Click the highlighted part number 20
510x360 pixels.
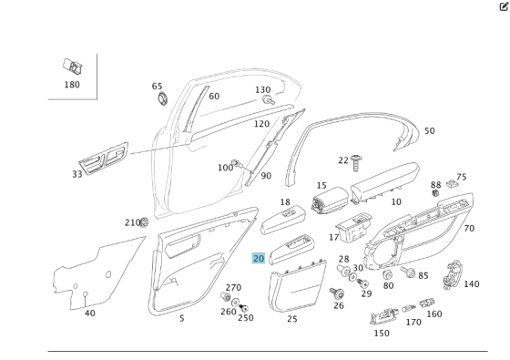pos(259,259)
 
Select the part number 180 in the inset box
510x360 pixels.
pos(72,85)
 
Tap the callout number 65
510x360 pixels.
pos(158,86)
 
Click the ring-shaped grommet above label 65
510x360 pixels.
pos(162,98)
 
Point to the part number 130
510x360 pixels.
pos(263,90)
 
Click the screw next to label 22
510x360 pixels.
pos(358,160)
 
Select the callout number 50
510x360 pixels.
pos(429,131)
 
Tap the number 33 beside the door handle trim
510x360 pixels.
pos(77,173)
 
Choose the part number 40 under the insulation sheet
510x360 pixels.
pos(89,314)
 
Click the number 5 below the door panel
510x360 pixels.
pos(181,318)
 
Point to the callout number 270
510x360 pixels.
pos(233,287)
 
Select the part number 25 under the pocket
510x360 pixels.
pos(291,319)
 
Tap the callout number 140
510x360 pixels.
pos(471,284)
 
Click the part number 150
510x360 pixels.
pos(381,333)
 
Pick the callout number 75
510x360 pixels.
pos(461,178)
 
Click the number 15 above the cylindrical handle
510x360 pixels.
pos(321,186)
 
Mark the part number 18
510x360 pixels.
pos(285,202)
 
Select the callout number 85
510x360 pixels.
pos(423,274)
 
